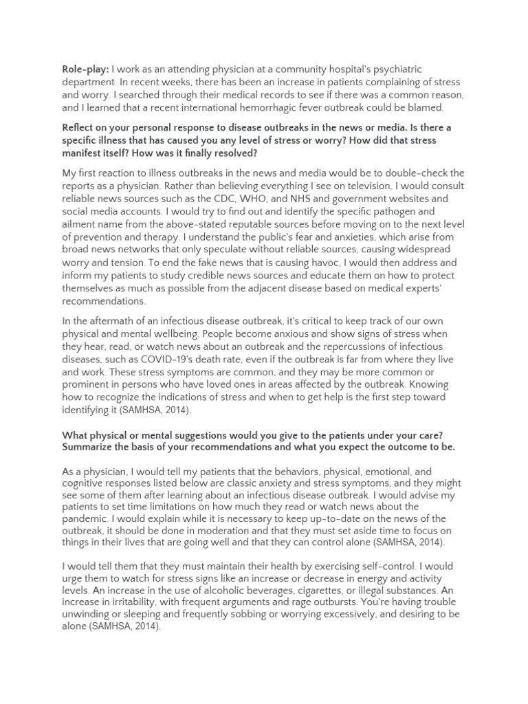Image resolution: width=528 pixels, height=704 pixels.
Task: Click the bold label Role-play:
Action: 85,69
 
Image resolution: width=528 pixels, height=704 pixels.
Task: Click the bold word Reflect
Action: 82,127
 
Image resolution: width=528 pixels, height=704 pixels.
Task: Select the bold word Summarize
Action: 91,447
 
